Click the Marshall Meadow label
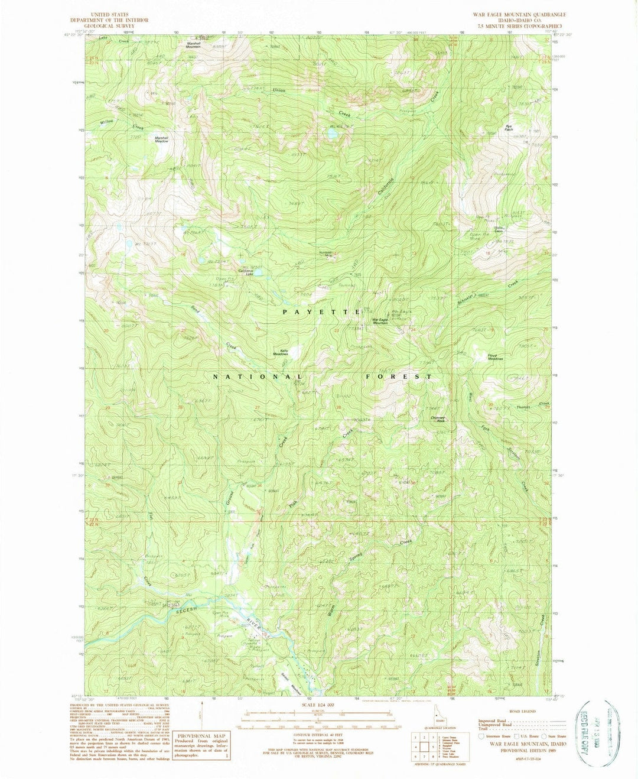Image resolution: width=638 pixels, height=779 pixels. click(161, 139)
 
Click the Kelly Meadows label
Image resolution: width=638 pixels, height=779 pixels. click(280, 352)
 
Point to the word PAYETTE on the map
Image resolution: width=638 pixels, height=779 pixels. click(321, 311)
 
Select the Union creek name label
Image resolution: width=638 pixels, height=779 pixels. click(279, 90)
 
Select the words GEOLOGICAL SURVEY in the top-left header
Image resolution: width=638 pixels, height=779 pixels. click(109, 26)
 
